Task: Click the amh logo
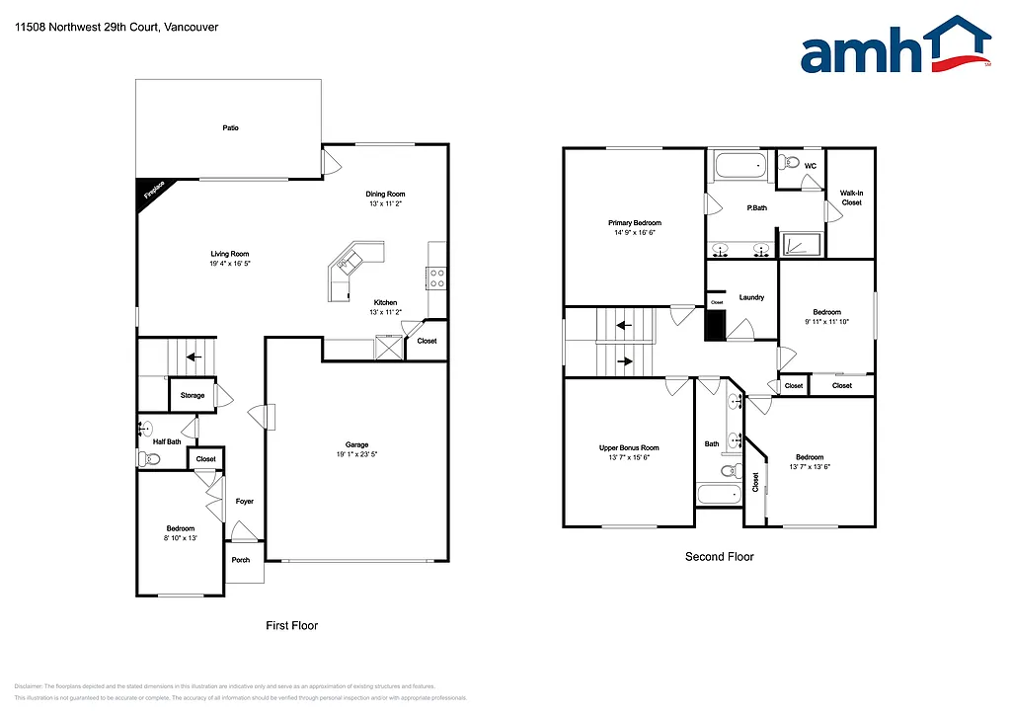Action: tap(894, 47)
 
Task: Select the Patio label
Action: tap(230, 127)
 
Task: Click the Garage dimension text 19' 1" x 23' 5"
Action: tap(356, 454)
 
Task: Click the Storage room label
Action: tap(193, 395)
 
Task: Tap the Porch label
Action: tap(241, 560)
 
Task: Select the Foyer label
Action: tap(244, 501)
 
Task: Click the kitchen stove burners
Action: tap(436, 279)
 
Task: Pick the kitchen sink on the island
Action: tap(349, 262)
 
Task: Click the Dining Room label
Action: tap(386, 194)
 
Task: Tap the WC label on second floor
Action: tap(811, 166)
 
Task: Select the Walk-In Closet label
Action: tap(851, 198)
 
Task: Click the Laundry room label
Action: tap(752, 297)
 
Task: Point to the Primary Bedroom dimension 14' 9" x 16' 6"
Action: tap(635, 234)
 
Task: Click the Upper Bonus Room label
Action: tap(629, 447)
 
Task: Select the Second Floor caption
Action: tap(719, 557)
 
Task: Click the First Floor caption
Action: tap(292, 625)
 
